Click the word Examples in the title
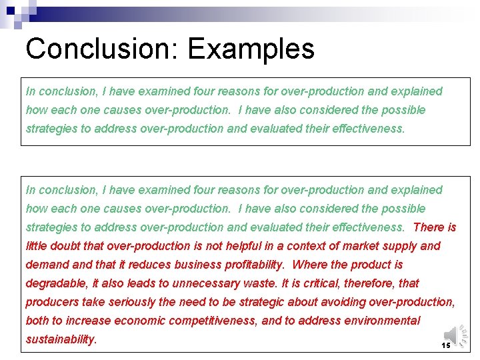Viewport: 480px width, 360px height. [x=251, y=49]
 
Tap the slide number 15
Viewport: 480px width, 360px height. [x=446, y=345]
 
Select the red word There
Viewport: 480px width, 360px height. [x=428, y=227]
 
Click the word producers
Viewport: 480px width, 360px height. [x=51, y=302]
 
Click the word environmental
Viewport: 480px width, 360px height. [x=383, y=321]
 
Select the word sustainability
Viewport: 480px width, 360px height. [x=61, y=339]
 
